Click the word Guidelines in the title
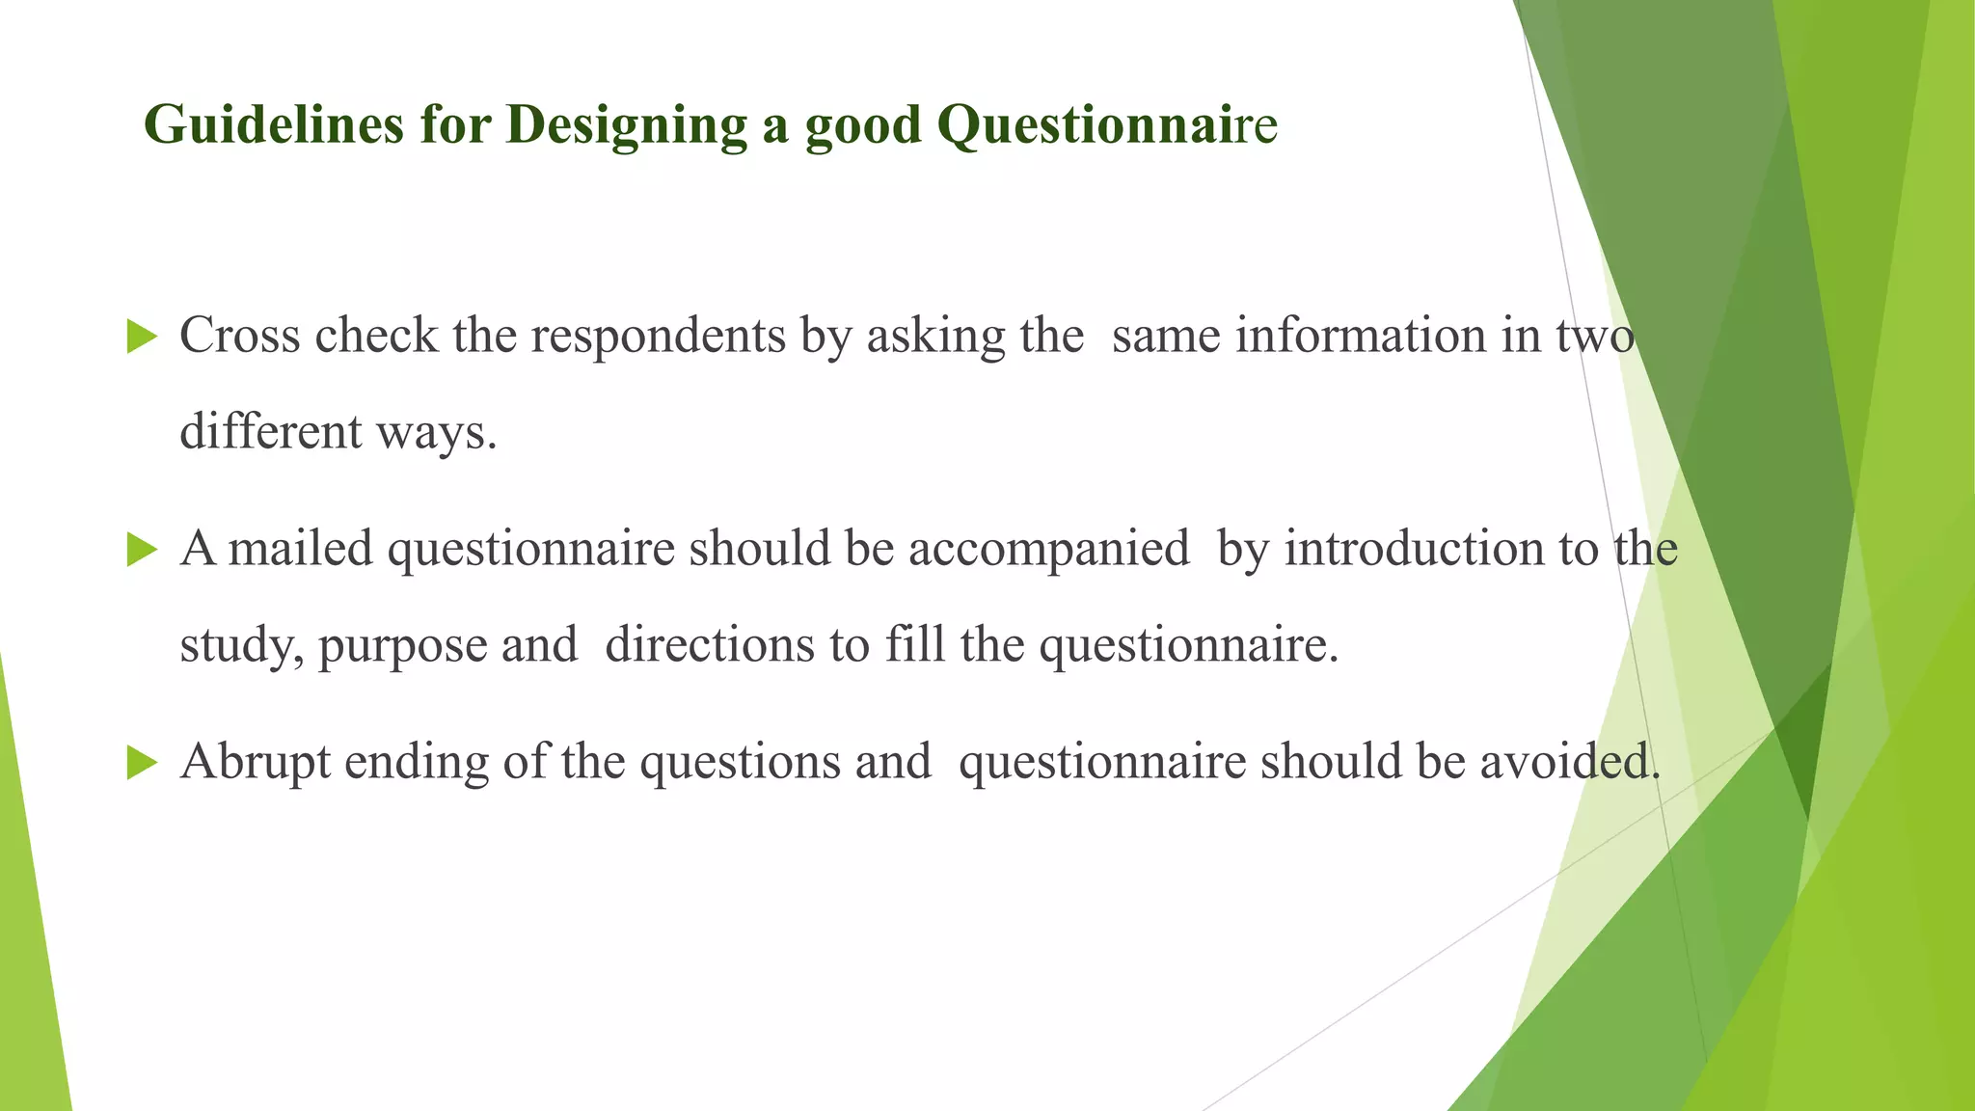(273, 124)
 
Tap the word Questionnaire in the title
(1106, 124)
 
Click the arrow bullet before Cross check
(142, 338)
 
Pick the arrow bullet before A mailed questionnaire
(142, 551)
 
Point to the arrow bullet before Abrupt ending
(142, 764)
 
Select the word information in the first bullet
(1361, 336)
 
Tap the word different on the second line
(271, 431)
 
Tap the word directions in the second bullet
(710, 645)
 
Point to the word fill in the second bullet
(914, 644)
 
